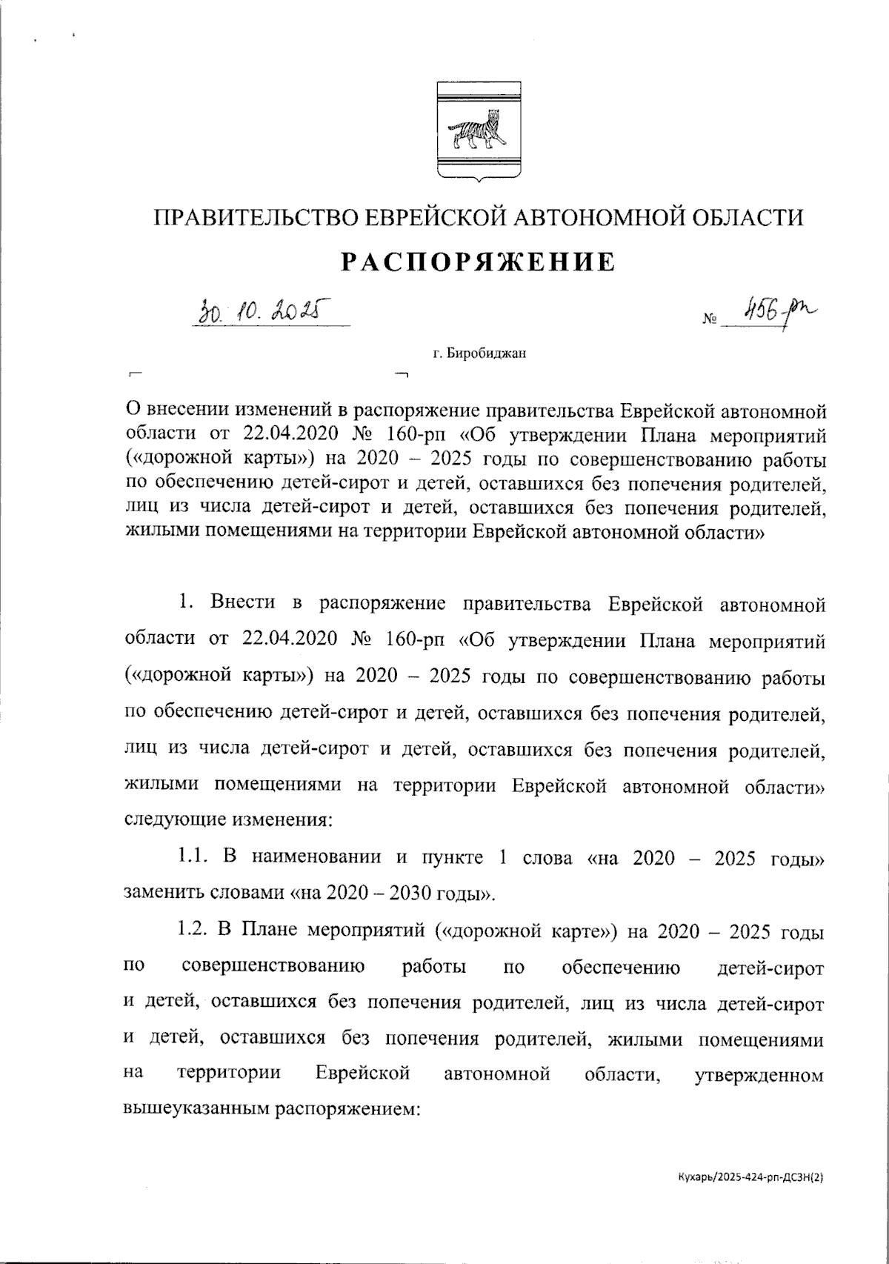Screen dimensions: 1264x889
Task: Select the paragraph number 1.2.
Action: point(192,931)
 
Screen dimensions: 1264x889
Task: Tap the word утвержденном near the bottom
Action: point(759,1074)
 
